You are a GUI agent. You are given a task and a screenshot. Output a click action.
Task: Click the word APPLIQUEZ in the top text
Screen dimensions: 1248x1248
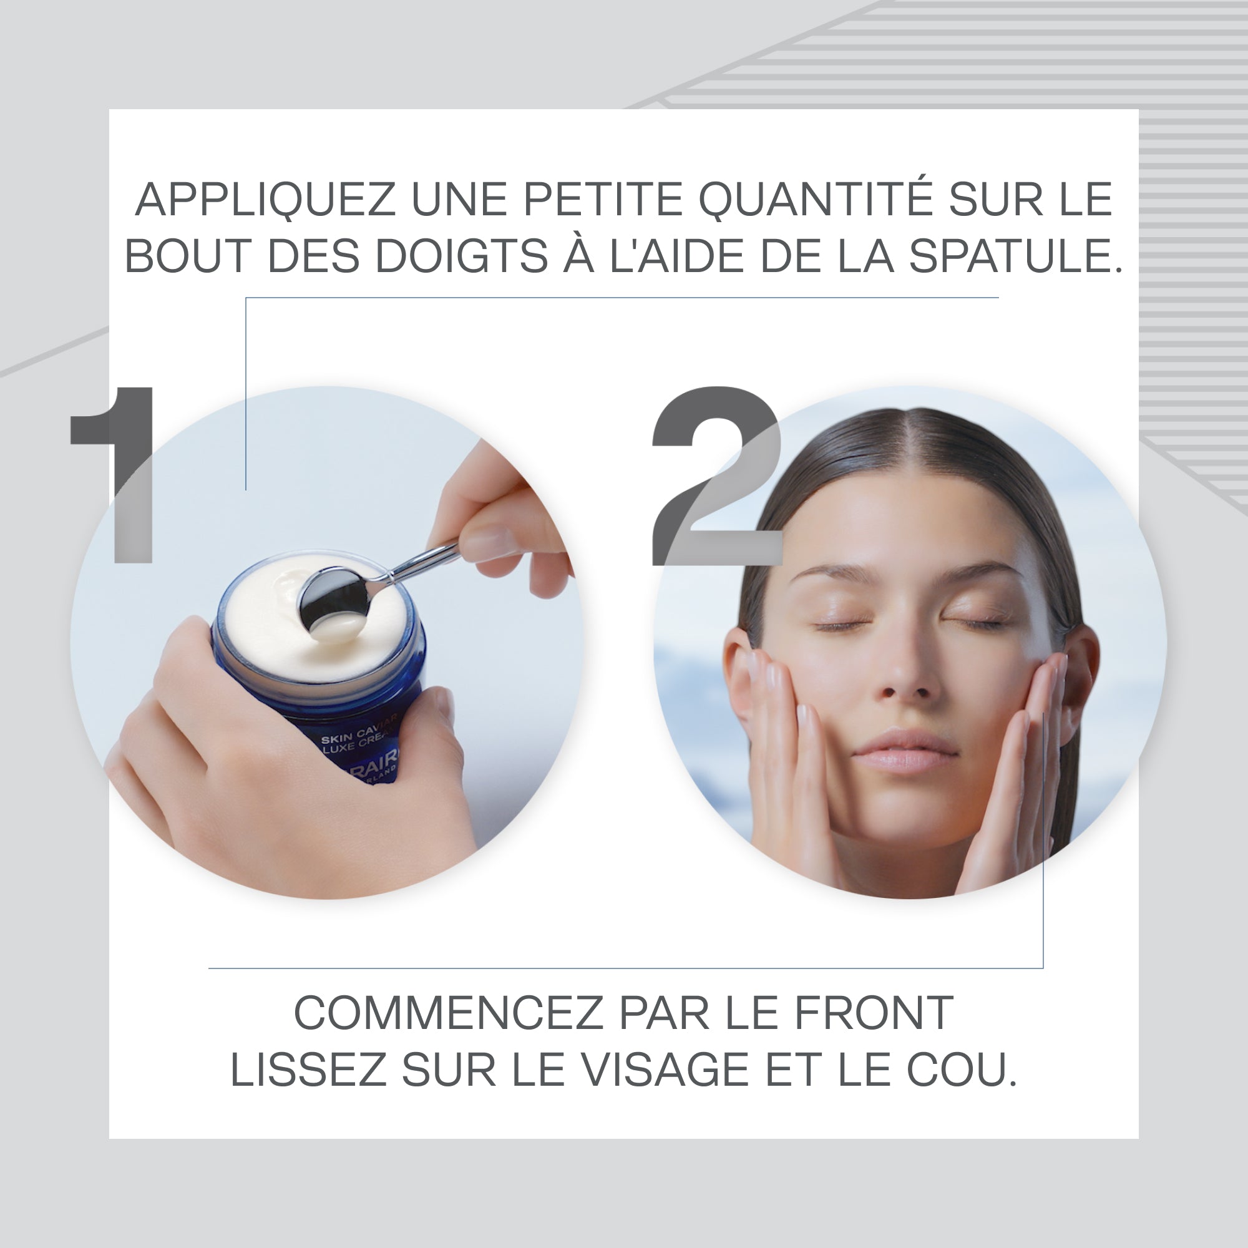[265, 200]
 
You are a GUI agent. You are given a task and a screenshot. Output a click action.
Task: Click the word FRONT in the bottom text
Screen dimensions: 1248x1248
[874, 1013]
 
